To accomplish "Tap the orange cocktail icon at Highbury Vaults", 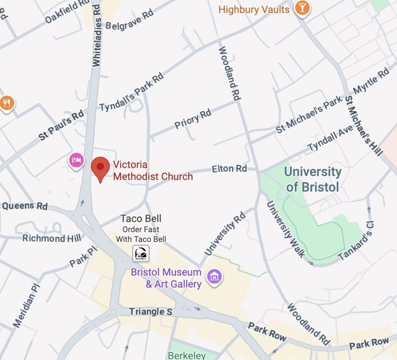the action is pos(302,8).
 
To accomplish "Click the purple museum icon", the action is pos(214,277).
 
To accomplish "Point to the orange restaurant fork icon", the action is pos(6,103).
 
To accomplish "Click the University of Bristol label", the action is pos(312,179).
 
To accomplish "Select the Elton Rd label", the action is pos(229,169).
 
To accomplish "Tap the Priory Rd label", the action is pos(193,119).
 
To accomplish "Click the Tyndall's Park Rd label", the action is pos(131,92).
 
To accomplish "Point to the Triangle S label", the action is pos(150,312).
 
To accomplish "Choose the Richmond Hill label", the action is pos(52,238).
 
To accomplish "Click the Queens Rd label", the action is pos(25,206).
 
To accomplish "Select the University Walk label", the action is pos(286,229).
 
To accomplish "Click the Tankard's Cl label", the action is pos(356,241).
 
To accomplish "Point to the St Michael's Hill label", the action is pos(364,125).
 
